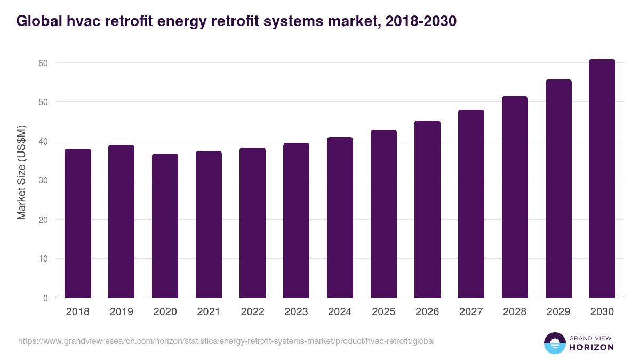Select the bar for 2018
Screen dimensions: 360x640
tap(78, 223)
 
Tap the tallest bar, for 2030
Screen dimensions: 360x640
tap(602, 179)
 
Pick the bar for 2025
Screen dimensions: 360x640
tap(384, 214)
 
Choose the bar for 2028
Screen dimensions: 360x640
tap(515, 197)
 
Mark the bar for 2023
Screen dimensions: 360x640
tap(297, 220)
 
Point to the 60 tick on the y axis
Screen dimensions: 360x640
tap(43, 63)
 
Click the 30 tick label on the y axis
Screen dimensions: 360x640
tap(43, 180)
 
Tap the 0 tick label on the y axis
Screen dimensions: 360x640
tap(45, 298)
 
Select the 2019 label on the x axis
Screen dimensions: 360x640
tap(122, 312)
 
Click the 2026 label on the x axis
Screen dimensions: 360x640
tap(427, 312)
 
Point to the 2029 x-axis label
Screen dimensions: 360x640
tap(558, 312)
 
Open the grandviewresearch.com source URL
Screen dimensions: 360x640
tap(226, 341)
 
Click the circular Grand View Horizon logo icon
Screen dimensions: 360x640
tap(555, 343)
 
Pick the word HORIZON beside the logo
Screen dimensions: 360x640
tap(591, 347)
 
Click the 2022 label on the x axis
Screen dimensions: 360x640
tap(253, 312)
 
